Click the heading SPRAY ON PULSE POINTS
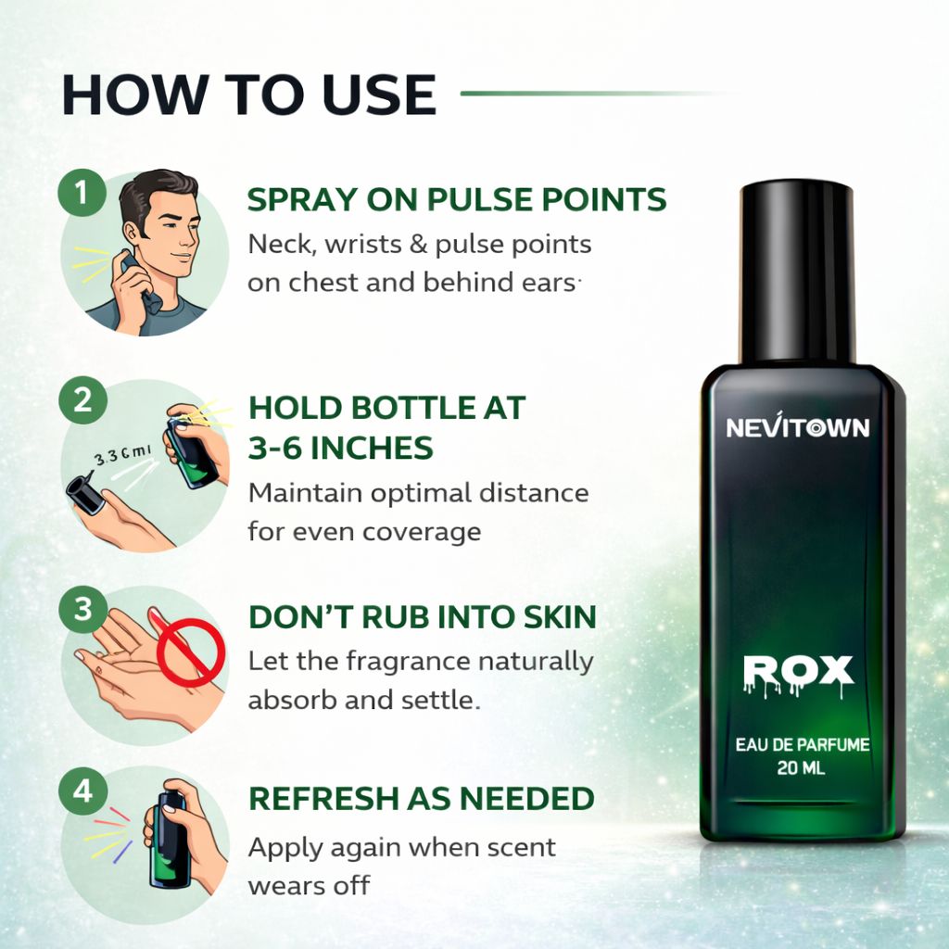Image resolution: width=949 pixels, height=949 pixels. coord(456,199)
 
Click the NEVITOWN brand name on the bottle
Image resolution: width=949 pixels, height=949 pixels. coord(798,428)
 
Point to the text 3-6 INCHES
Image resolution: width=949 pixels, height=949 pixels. coord(340,449)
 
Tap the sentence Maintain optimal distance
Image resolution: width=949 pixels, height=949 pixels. coord(418,493)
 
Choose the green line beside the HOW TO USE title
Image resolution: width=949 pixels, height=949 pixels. coord(593,93)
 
